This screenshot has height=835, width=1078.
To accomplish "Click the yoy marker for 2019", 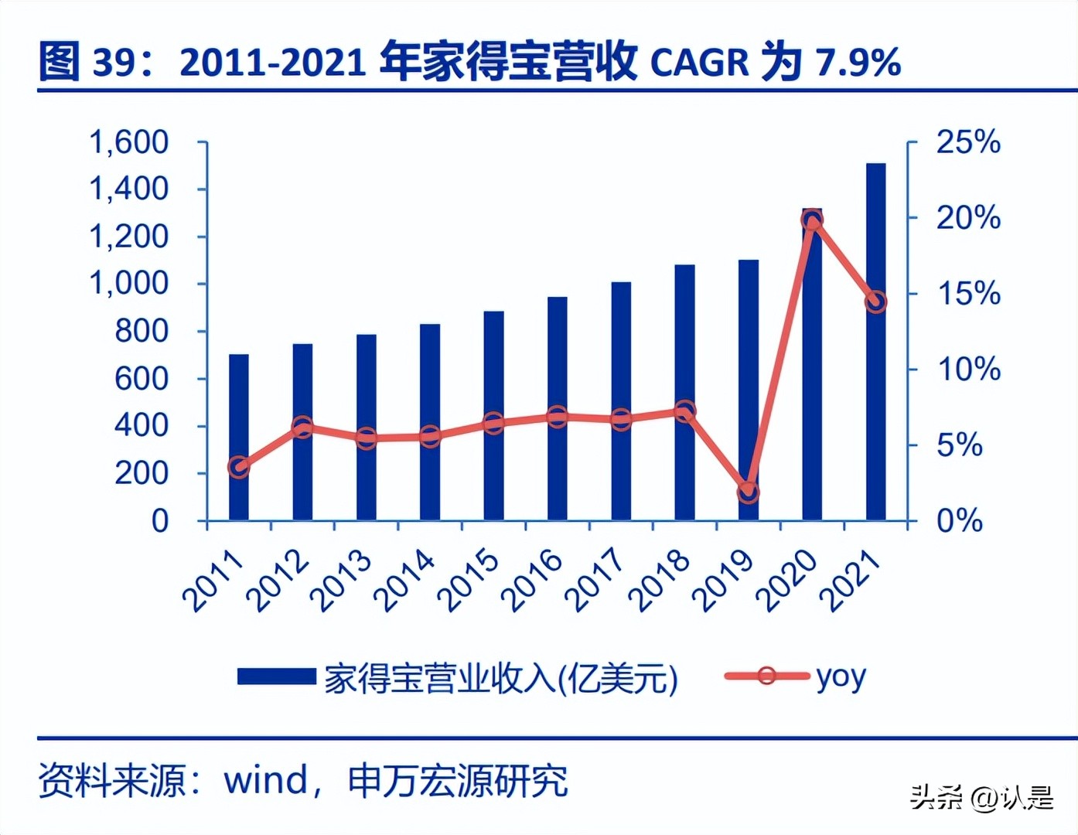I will click(748, 492).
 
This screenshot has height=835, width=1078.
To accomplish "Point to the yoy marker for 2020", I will click(811, 220).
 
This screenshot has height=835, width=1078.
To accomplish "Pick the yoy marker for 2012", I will click(302, 427).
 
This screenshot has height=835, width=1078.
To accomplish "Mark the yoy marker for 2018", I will click(684, 411).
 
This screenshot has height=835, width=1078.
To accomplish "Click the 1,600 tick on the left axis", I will click(129, 143).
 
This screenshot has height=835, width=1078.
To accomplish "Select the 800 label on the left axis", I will click(142, 332).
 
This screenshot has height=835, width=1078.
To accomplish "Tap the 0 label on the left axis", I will click(159, 521).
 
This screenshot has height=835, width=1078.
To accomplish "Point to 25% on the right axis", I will click(968, 143).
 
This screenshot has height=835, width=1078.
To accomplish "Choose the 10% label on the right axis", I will click(968, 370).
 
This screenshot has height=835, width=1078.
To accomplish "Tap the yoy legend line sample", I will click(766, 677).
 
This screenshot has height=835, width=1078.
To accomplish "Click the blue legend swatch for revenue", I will click(276, 677).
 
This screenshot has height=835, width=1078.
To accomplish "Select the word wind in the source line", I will click(266, 780).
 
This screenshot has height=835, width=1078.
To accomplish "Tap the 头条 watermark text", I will click(936, 797).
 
